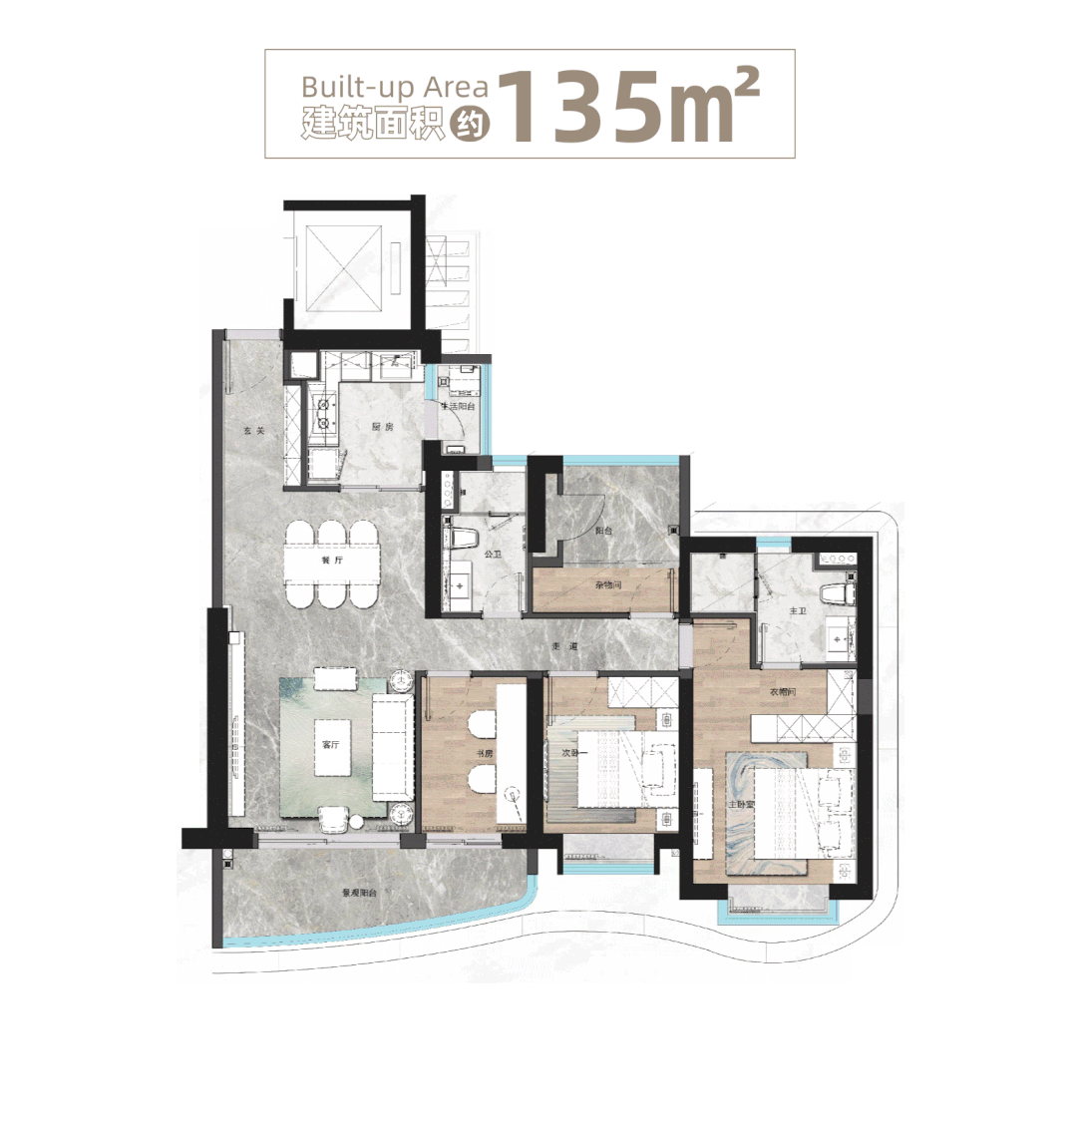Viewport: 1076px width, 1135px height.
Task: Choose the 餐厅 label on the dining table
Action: pyautogui.click(x=331, y=561)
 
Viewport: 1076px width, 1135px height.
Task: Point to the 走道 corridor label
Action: pyautogui.click(x=563, y=647)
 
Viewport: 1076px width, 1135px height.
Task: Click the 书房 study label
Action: pyautogui.click(x=485, y=754)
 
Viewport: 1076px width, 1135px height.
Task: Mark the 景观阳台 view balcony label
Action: pyautogui.click(x=359, y=894)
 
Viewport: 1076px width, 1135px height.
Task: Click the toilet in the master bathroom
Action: pyautogui.click(x=837, y=594)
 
